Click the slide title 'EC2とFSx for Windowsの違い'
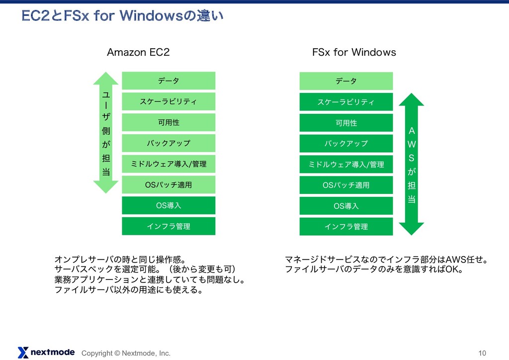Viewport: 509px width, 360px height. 122,16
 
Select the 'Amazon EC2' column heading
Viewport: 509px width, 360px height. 138,52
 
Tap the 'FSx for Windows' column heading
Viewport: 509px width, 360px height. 353,52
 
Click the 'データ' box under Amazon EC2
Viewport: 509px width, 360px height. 169,81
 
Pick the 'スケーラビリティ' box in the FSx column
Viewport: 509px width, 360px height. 346,102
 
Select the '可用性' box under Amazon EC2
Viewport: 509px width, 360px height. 169,122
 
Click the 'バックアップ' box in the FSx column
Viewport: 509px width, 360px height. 346,143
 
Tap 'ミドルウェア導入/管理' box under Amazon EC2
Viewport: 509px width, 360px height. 169,164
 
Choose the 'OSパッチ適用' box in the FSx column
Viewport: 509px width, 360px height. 346,185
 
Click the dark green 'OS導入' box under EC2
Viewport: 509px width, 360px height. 169,205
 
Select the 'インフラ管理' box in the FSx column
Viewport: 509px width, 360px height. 346,227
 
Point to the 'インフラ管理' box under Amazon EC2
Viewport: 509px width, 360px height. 169,226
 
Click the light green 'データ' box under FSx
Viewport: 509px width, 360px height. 346,81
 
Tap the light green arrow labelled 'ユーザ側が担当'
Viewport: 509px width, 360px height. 105,132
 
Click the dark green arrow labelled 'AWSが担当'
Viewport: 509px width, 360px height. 411,164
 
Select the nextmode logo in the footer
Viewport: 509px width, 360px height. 46,352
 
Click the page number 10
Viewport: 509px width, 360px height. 482,353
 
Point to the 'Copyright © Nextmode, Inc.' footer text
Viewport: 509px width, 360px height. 126,353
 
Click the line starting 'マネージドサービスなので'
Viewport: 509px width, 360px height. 387,259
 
